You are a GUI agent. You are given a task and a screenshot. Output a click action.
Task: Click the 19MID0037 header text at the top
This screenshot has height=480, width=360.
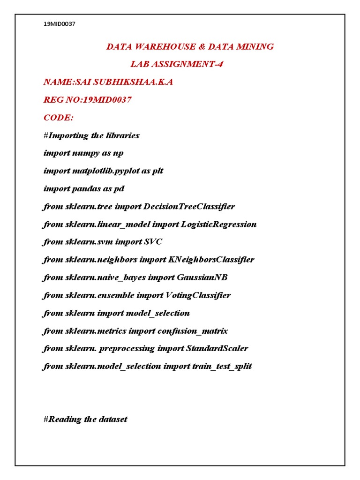click(x=59, y=24)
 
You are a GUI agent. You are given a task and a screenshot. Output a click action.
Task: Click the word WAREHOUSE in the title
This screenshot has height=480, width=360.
click(x=156, y=46)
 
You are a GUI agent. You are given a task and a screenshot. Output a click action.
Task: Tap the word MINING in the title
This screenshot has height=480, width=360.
click(x=255, y=46)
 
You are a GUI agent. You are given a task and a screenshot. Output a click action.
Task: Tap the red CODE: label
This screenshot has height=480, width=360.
click(x=58, y=118)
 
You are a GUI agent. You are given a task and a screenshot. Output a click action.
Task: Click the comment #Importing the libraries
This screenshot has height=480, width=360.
click(x=91, y=135)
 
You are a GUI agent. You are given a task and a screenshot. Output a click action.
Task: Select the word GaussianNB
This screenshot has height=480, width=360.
click(x=202, y=277)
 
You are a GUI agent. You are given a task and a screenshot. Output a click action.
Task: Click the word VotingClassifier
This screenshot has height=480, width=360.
click(x=198, y=295)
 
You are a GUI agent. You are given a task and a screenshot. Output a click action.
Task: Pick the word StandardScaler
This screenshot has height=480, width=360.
click(x=217, y=349)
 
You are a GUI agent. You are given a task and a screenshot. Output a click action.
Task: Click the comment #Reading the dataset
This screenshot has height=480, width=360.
click(x=85, y=420)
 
